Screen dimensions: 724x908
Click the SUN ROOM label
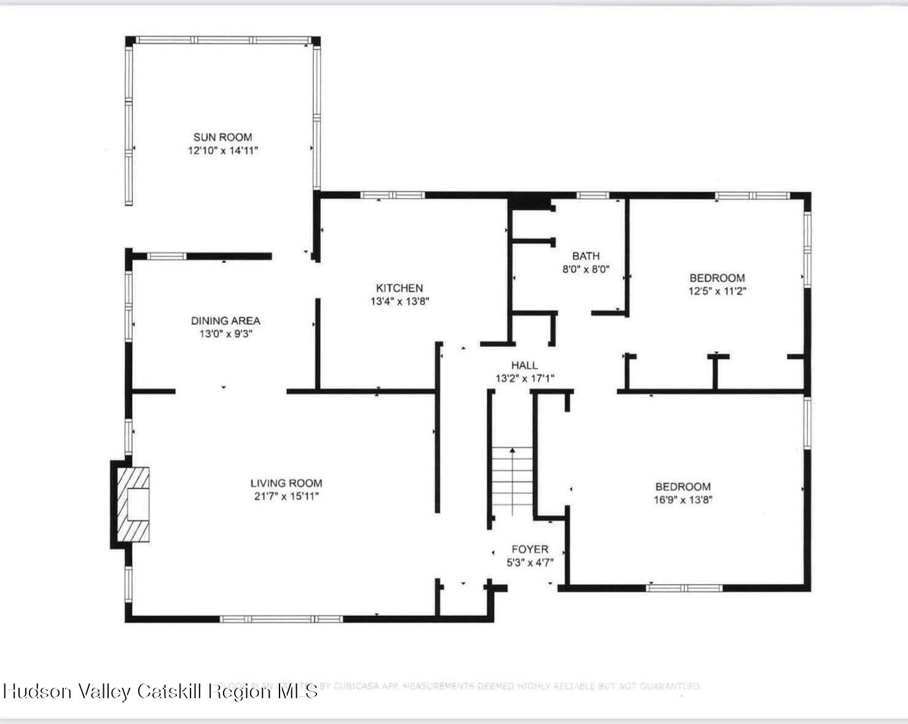(x=222, y=137)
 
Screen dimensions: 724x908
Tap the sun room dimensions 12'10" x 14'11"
(x=222, y=150)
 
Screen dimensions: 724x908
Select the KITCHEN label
(x=399, y=288)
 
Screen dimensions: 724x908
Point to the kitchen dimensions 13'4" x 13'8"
(x=399, y=302)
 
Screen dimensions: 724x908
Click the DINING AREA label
(x=225, y=321)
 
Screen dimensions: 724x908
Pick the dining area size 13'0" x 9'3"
(x=225, y=334)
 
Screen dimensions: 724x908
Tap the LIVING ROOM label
(x=286, y=483)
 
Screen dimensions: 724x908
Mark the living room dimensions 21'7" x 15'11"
(x=286, y=496)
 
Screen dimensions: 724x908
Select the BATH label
(x=585, y=256)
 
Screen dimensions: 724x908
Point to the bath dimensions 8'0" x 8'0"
(x=585, y=269)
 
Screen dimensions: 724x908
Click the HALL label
(x=524, y=365)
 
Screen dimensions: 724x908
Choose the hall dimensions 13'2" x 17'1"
(x=525, y=378)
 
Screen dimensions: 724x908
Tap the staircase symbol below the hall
(x=512, y=482)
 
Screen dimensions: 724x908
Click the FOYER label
(x=530, y=550)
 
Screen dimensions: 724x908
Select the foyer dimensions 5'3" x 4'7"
(x=530, y=562)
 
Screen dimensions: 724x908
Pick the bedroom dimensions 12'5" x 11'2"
(x=717, y=291)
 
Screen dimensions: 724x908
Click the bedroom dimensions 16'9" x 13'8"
(x=683, y=500)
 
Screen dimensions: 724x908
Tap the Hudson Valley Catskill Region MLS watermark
(x=160, y=691)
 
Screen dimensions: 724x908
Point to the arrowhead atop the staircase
(x=512, y=450)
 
